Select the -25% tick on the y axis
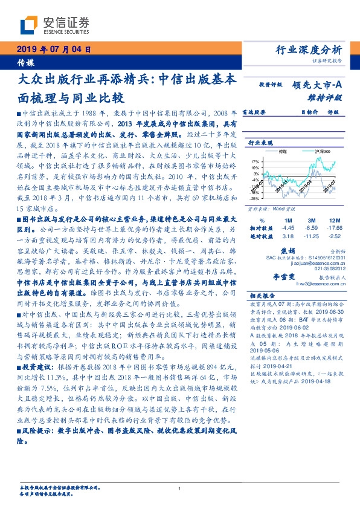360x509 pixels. coord(256,197)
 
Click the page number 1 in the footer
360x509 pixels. coord(180,489)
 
